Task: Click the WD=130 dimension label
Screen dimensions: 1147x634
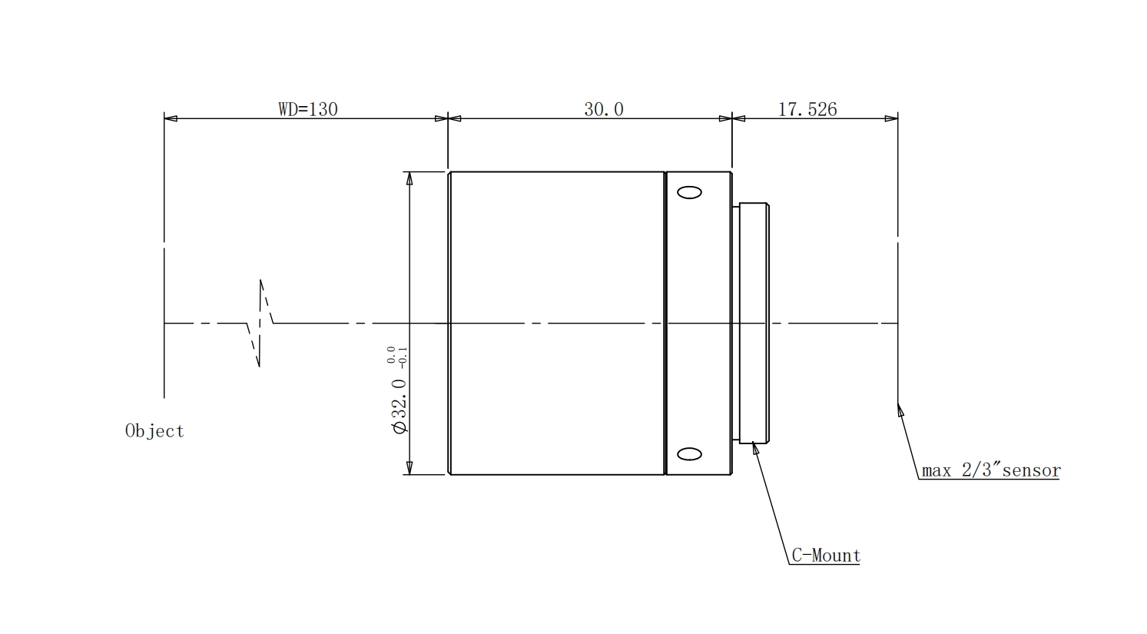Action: click(308, 109)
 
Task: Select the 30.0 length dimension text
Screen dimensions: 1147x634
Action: click(604, 109)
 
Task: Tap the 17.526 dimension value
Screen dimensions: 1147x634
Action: click(807, 109)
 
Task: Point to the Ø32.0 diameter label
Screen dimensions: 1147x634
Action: click(399, 406)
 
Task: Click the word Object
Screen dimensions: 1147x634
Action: click(154, 430)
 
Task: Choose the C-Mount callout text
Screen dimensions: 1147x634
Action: click(826, 555)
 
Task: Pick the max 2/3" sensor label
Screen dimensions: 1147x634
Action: click(991, 470)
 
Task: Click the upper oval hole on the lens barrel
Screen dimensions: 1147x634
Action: click(689, 193)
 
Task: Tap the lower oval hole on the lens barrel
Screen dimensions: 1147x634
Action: click(689, 453)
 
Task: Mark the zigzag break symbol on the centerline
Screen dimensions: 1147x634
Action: click(260, 323)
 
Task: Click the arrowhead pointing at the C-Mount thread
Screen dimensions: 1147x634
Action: click(754, 449)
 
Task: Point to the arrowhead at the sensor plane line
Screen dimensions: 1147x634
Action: click(900, 410)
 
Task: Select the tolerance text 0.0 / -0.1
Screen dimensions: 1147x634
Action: click(397, 357)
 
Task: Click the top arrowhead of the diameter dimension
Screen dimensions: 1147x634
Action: click(409, 178)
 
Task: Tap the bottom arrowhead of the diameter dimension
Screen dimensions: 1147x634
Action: click(409, 468)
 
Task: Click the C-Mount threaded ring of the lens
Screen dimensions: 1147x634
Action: click(754, 323)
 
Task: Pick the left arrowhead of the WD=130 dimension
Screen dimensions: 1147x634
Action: click(171, 119)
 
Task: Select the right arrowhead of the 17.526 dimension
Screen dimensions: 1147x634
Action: click(891, 119)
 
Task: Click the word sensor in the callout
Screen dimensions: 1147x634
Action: click(1031, 470)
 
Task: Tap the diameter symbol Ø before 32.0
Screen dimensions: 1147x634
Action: click(400, 427)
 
